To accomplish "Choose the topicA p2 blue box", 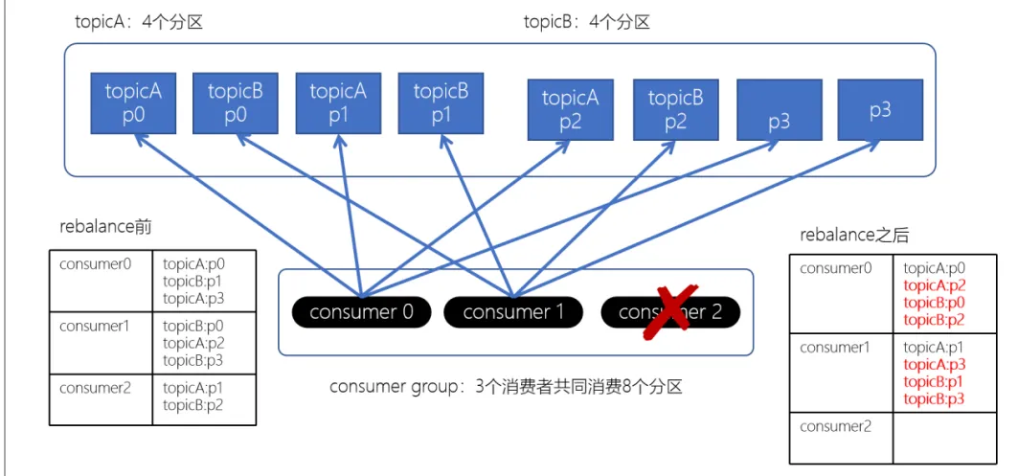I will coord(571,110).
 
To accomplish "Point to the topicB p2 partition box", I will coord(676,110).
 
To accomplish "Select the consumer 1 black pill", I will coord(509,311).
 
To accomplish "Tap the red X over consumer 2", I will coord(670,310).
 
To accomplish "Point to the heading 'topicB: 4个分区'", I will coord(586,22).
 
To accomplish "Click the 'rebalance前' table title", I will coord(105,227).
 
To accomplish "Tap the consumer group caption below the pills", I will coord(507,387).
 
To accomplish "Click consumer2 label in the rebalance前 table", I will coord(93,387).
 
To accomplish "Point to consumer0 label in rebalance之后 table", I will coord(836,268).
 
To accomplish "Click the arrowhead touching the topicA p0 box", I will coord(140,140).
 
